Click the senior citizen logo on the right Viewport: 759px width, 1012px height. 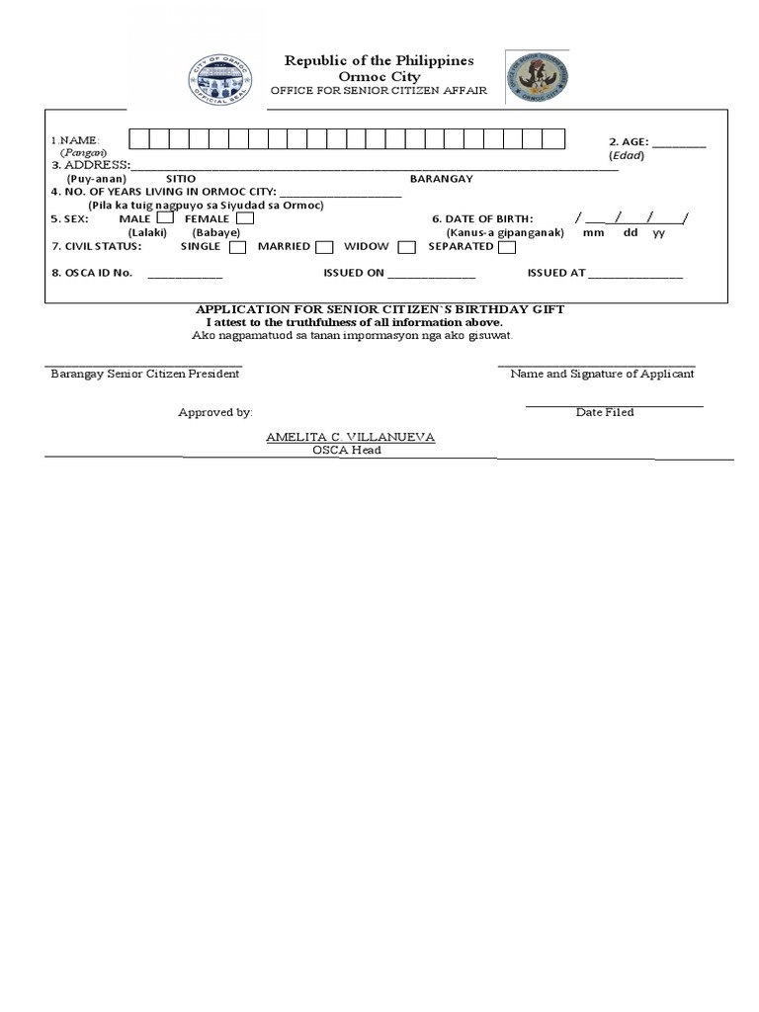tap(537, 77)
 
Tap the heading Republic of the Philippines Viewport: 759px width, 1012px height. tap(379, 61)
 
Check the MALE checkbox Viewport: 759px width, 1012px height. tap(165, 218)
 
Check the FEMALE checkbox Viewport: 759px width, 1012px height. tap(244, 218)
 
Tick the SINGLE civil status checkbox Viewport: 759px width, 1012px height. tap(238, 247)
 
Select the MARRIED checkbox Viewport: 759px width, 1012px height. tap(324, 247)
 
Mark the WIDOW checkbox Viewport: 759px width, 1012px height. tap(406, 247)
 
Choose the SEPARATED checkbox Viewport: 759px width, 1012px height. tap(507, 247)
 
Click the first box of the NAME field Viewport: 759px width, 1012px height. tap(137, 139)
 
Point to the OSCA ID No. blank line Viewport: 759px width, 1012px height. tap(185, 276)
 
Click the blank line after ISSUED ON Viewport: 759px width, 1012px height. tap(431, 276)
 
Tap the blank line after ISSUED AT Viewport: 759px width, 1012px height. tap(634, 276)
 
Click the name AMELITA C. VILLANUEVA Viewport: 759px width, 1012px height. tap(350, 437)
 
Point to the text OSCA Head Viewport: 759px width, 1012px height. tap(347, 450)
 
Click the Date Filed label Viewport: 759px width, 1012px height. tap(605, 412)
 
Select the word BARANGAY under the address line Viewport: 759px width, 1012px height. tap(442, 179)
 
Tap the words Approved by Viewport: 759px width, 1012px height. tap(215, 412)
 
